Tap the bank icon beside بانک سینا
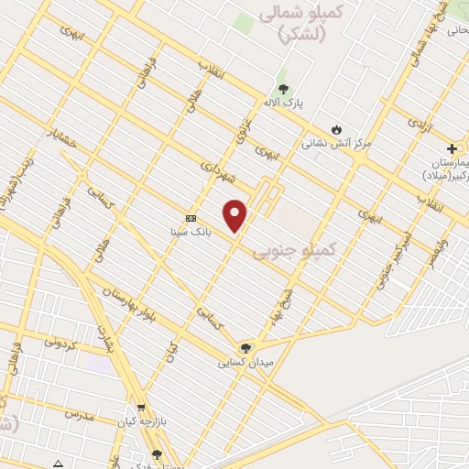[191, 218]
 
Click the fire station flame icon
[337, 128]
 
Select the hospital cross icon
[452, 148]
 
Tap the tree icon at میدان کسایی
[245, 347]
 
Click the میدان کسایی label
[244, 363]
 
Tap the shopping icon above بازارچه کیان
[140, 408]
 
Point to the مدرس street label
[81, 413]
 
